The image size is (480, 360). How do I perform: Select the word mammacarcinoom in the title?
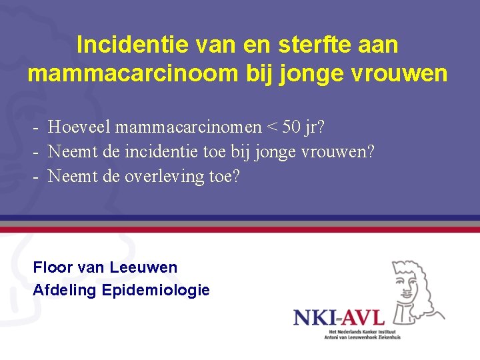[x=132, y=73]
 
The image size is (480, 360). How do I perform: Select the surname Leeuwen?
[x=143, y=267]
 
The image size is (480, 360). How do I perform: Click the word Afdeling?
[x=65, y=290]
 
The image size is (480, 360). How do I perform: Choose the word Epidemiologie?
[x=156, y=291]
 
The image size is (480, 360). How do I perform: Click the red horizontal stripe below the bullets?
[x=240, y=229]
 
